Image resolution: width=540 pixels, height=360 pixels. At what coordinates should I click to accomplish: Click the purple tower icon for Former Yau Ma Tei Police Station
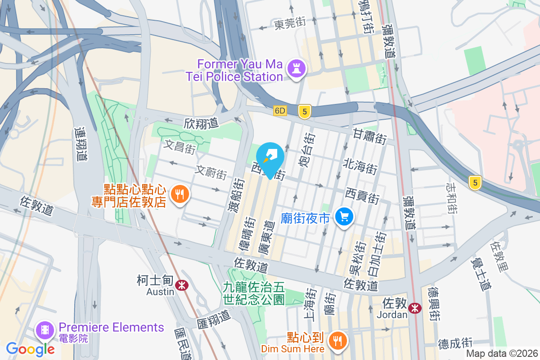(x=298, y=69)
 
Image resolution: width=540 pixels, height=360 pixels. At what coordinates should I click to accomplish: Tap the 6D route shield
(x=279, y=111)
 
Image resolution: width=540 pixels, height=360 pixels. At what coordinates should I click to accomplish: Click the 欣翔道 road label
(x=201, y=123)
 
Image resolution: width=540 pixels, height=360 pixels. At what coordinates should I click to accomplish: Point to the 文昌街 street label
(x=180, y=147)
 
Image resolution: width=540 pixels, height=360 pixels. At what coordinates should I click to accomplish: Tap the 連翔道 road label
(x=81, y=144)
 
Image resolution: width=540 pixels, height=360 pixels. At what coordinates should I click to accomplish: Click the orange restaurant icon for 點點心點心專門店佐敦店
(x=181, y=194)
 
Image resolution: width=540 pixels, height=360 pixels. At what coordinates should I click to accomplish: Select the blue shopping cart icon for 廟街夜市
(x=345, y=218)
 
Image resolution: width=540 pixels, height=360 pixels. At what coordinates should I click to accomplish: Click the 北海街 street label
(x=360, y=166)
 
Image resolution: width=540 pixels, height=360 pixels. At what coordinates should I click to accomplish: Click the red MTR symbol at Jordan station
(x=415, y=308)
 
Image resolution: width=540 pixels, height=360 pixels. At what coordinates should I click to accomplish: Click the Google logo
(x=31, y=348)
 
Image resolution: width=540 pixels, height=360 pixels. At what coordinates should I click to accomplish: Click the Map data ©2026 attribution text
(x=502, y=353)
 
